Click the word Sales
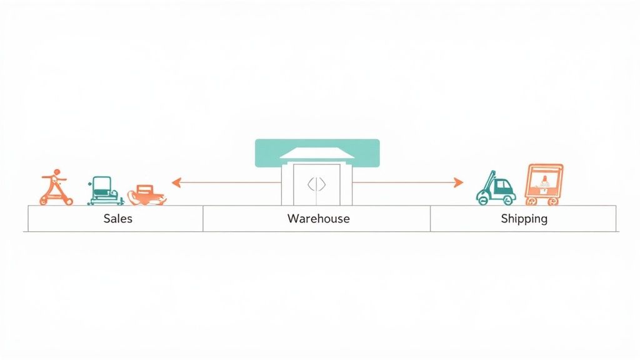click(x=117, y=219)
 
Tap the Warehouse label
click(x=318, y=219)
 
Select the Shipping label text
click(x=524, y=219)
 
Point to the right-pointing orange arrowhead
click(x=459, y=182)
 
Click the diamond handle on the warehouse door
click(x=317, y=184)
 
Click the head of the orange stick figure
click(x=56, y=171)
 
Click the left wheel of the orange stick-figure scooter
click(x=44, y=201)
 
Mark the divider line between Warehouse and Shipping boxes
click(x=430, y=219)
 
